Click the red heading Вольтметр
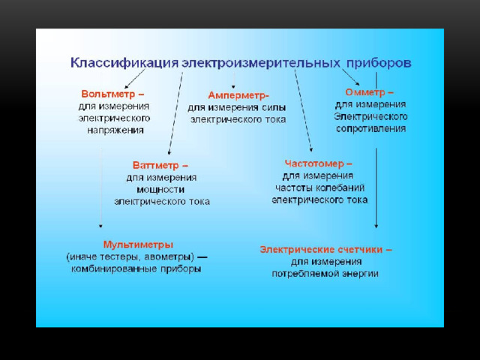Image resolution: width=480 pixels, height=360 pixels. pos(108,94)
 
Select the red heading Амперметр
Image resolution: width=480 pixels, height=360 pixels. pos(237,95)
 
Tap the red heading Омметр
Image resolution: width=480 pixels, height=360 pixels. pos(365,92)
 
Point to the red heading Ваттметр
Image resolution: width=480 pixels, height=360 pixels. pos(156,165)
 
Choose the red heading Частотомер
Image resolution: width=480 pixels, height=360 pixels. pos(314,163)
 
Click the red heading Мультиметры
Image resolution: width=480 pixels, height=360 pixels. pos(138,244)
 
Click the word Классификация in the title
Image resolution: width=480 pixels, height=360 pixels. pos(124,63)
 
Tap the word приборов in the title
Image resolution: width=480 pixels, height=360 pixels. pos(379,63)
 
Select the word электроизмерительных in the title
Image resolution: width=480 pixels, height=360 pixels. pos(261,63)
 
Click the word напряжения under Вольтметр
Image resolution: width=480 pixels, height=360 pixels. pos(115,130)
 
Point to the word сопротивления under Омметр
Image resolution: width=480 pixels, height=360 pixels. pos(370,128)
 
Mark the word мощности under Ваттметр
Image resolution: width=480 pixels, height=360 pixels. pos(160,190)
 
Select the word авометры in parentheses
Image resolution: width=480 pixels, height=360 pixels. pos(169,256)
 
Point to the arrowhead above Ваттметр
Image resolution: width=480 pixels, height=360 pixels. pos(169,152)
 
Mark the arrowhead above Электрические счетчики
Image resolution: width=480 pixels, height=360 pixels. pos(376,226)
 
